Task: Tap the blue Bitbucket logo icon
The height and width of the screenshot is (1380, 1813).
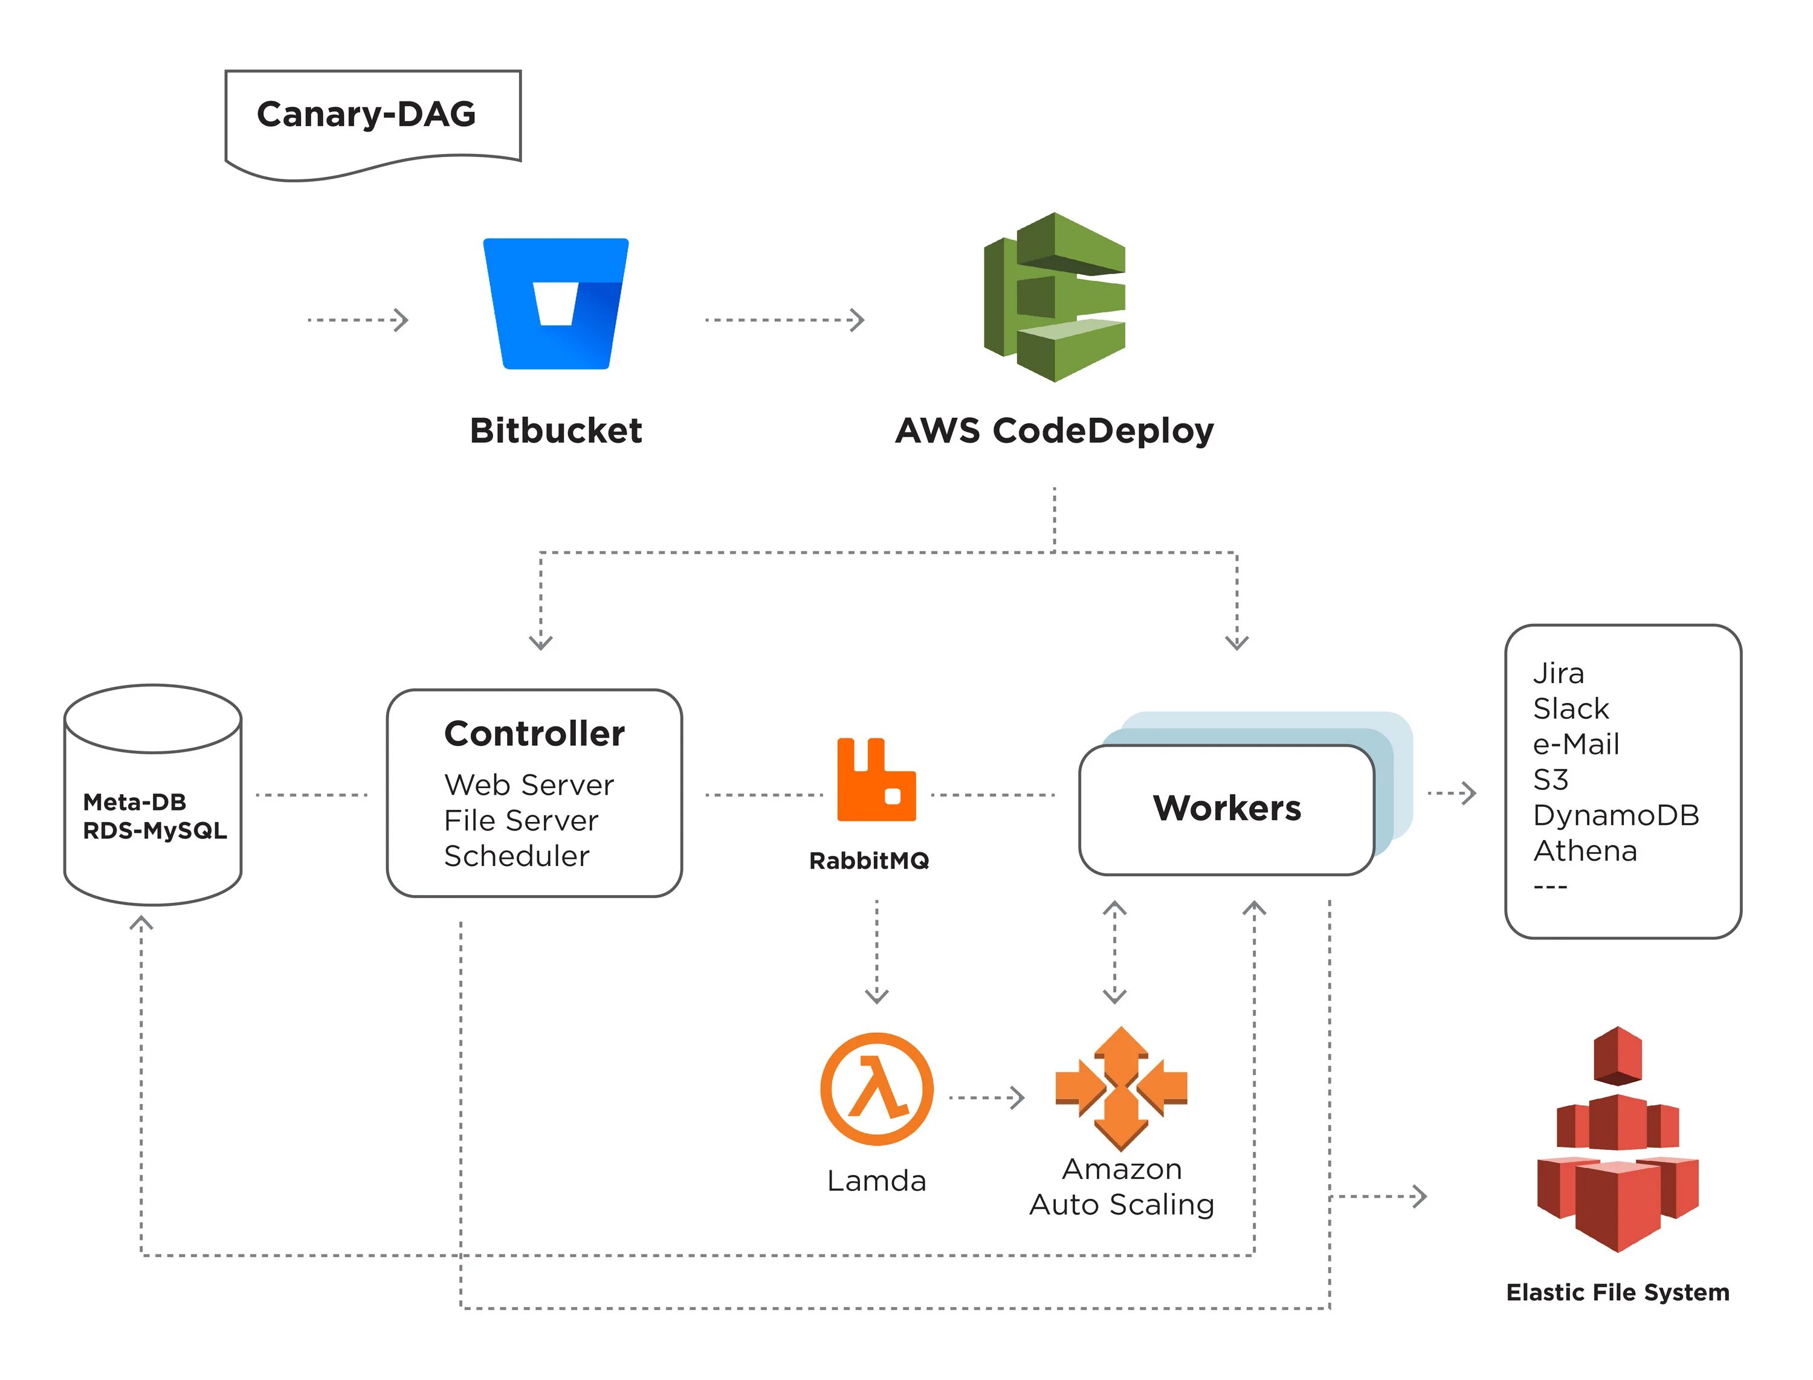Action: tap(555, 304)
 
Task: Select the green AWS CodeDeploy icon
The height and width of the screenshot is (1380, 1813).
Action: tap(1055, 297)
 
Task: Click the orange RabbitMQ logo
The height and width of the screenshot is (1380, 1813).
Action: tap(876, 780)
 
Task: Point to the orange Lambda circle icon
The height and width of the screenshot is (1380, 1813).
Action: tap(877, 1090)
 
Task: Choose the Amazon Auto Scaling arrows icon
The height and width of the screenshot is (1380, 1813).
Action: tap(1121, 1088)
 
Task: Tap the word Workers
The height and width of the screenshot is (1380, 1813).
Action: tap(1227, 808)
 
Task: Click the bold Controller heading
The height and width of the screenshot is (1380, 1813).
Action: tap(534, 734)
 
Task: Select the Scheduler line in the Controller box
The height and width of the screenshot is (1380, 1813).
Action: tap(517, 856)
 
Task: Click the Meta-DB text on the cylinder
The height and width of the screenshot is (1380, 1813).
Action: tap(135, 801)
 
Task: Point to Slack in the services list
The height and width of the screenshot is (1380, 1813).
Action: tap(1571, 708)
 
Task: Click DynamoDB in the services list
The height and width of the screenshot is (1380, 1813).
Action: tap(1616, 815)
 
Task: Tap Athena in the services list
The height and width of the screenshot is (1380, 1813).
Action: tap(1585, 850)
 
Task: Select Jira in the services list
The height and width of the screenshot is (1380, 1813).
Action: tap(1558, 673)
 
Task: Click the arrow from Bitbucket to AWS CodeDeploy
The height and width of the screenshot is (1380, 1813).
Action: tap(785, 319)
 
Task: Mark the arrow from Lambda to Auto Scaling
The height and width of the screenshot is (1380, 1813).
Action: tap(987, 1097)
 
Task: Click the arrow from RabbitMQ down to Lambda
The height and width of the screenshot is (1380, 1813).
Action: tap(877, 952)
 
